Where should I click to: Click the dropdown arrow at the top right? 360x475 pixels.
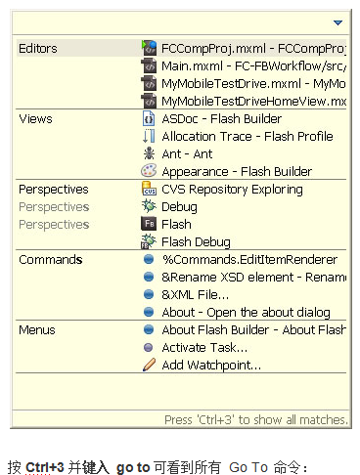coord(337,22)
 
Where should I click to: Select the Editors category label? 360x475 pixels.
coord(38,48)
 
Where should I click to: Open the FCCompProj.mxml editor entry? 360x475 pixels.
coord(252,48)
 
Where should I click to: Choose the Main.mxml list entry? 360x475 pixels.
coord(252,65)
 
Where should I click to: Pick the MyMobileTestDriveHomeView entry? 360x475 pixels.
coord(252,101)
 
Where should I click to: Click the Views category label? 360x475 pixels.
coord(35,118)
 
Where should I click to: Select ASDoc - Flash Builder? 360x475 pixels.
coord(220,118)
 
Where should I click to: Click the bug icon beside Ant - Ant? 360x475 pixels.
coord(149,153)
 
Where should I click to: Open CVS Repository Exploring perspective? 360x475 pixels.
coord(245,189)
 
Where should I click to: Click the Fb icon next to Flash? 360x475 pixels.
coord(149,224)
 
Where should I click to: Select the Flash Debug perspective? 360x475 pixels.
coord(196,241)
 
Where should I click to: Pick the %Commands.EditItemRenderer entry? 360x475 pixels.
coord(249,259)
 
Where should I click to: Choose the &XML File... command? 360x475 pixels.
coord(196,294)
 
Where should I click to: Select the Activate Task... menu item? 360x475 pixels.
coord(203,347)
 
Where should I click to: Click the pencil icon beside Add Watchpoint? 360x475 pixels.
coord(149,365)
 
